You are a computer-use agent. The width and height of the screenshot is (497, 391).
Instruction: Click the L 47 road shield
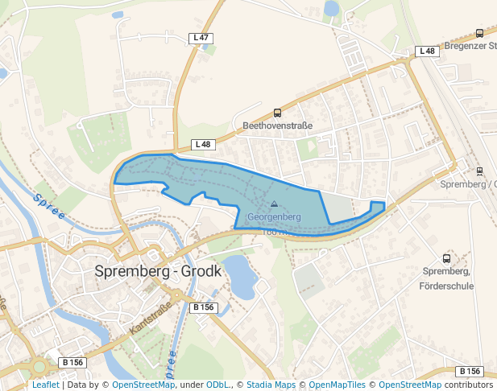[x=201, y=38]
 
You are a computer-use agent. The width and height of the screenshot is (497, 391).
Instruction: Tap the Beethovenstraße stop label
[x=277, y=126]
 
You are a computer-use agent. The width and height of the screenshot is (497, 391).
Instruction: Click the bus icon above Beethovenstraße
[x=278, y=113]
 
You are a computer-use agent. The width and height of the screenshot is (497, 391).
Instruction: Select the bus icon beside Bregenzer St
[x=480, y=33]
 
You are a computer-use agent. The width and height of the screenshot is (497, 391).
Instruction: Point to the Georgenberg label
[x=274, y=217]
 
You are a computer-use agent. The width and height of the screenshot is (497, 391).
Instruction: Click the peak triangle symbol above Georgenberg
[x=274, y=204]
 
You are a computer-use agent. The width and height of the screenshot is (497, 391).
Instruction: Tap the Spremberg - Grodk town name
[x=158, y=271]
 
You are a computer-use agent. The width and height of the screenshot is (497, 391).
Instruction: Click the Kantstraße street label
[x=151, y=318]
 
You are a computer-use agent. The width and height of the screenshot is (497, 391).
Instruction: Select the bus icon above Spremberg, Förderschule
[x=447, y=259]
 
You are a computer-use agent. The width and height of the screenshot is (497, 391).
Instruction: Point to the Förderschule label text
[x=446, y=285]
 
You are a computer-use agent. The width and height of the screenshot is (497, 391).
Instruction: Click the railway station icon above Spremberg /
[x=480, y=171]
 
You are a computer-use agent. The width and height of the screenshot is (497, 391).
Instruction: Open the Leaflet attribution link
[x=45, y=385]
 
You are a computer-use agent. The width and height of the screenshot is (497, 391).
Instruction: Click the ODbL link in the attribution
[x=218, y=385]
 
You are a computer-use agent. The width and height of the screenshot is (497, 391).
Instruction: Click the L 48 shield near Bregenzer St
[x=427, y=51]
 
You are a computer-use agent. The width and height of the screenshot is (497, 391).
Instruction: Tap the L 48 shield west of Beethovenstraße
[x=203, y=145]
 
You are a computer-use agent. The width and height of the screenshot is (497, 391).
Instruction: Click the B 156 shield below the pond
[x=204, y=307]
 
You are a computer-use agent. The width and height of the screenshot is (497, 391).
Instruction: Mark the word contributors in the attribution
[x=469, y=385]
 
